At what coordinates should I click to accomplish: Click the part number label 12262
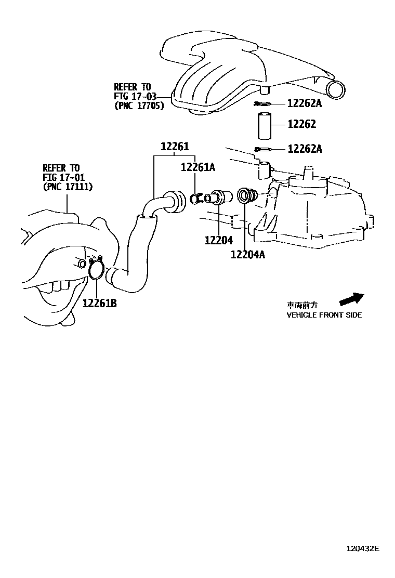click(x=301, y=124)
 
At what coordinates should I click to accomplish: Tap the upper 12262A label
click(x=305, y=103)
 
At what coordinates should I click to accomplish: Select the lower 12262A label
click(x=305, y=150)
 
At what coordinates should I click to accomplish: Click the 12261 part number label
click(x=174, y=147)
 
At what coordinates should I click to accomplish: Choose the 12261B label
click(x=99, y=303)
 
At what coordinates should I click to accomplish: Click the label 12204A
click(x=248, y=254)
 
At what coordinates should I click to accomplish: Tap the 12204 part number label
click(x=218, y=241)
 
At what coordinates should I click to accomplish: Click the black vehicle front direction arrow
click(x=351, y=299)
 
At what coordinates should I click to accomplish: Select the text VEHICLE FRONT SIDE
click(x=324, y=315)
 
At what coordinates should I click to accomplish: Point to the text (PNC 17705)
click(x=139, y=106)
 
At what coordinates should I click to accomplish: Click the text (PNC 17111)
click(x=68, y=187)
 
